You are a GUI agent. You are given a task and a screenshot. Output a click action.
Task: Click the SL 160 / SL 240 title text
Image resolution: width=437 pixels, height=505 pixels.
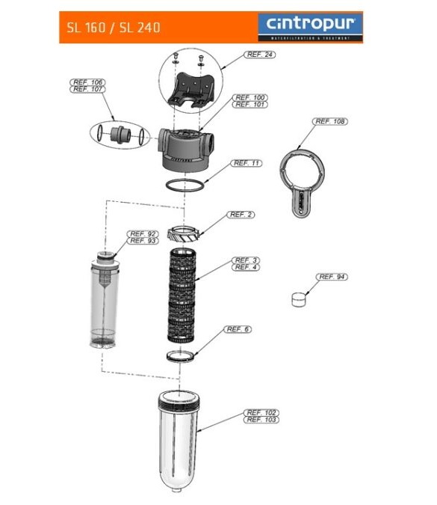[114, 28]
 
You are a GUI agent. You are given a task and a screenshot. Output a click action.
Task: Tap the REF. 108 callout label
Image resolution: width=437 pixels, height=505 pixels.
[331, 121]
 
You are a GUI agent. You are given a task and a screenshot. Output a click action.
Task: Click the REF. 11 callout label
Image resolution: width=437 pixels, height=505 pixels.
[247, 163]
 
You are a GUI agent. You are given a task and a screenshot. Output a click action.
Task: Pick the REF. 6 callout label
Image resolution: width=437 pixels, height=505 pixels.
[238, 329]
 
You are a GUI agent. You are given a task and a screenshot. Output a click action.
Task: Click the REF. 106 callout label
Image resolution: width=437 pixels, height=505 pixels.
[88, 82]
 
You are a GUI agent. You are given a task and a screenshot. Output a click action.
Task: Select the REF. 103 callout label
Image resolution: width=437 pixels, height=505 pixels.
[261, 420]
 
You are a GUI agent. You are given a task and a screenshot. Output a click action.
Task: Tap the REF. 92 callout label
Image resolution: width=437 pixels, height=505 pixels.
[142, 233]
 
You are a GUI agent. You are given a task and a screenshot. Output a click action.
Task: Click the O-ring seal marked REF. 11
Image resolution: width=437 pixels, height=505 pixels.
[183, 184]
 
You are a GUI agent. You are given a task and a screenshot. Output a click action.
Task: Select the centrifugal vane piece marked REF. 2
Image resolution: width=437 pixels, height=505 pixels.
[183, 233]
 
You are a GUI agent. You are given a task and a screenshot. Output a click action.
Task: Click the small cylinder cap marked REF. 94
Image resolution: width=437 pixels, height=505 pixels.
[299, 299]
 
